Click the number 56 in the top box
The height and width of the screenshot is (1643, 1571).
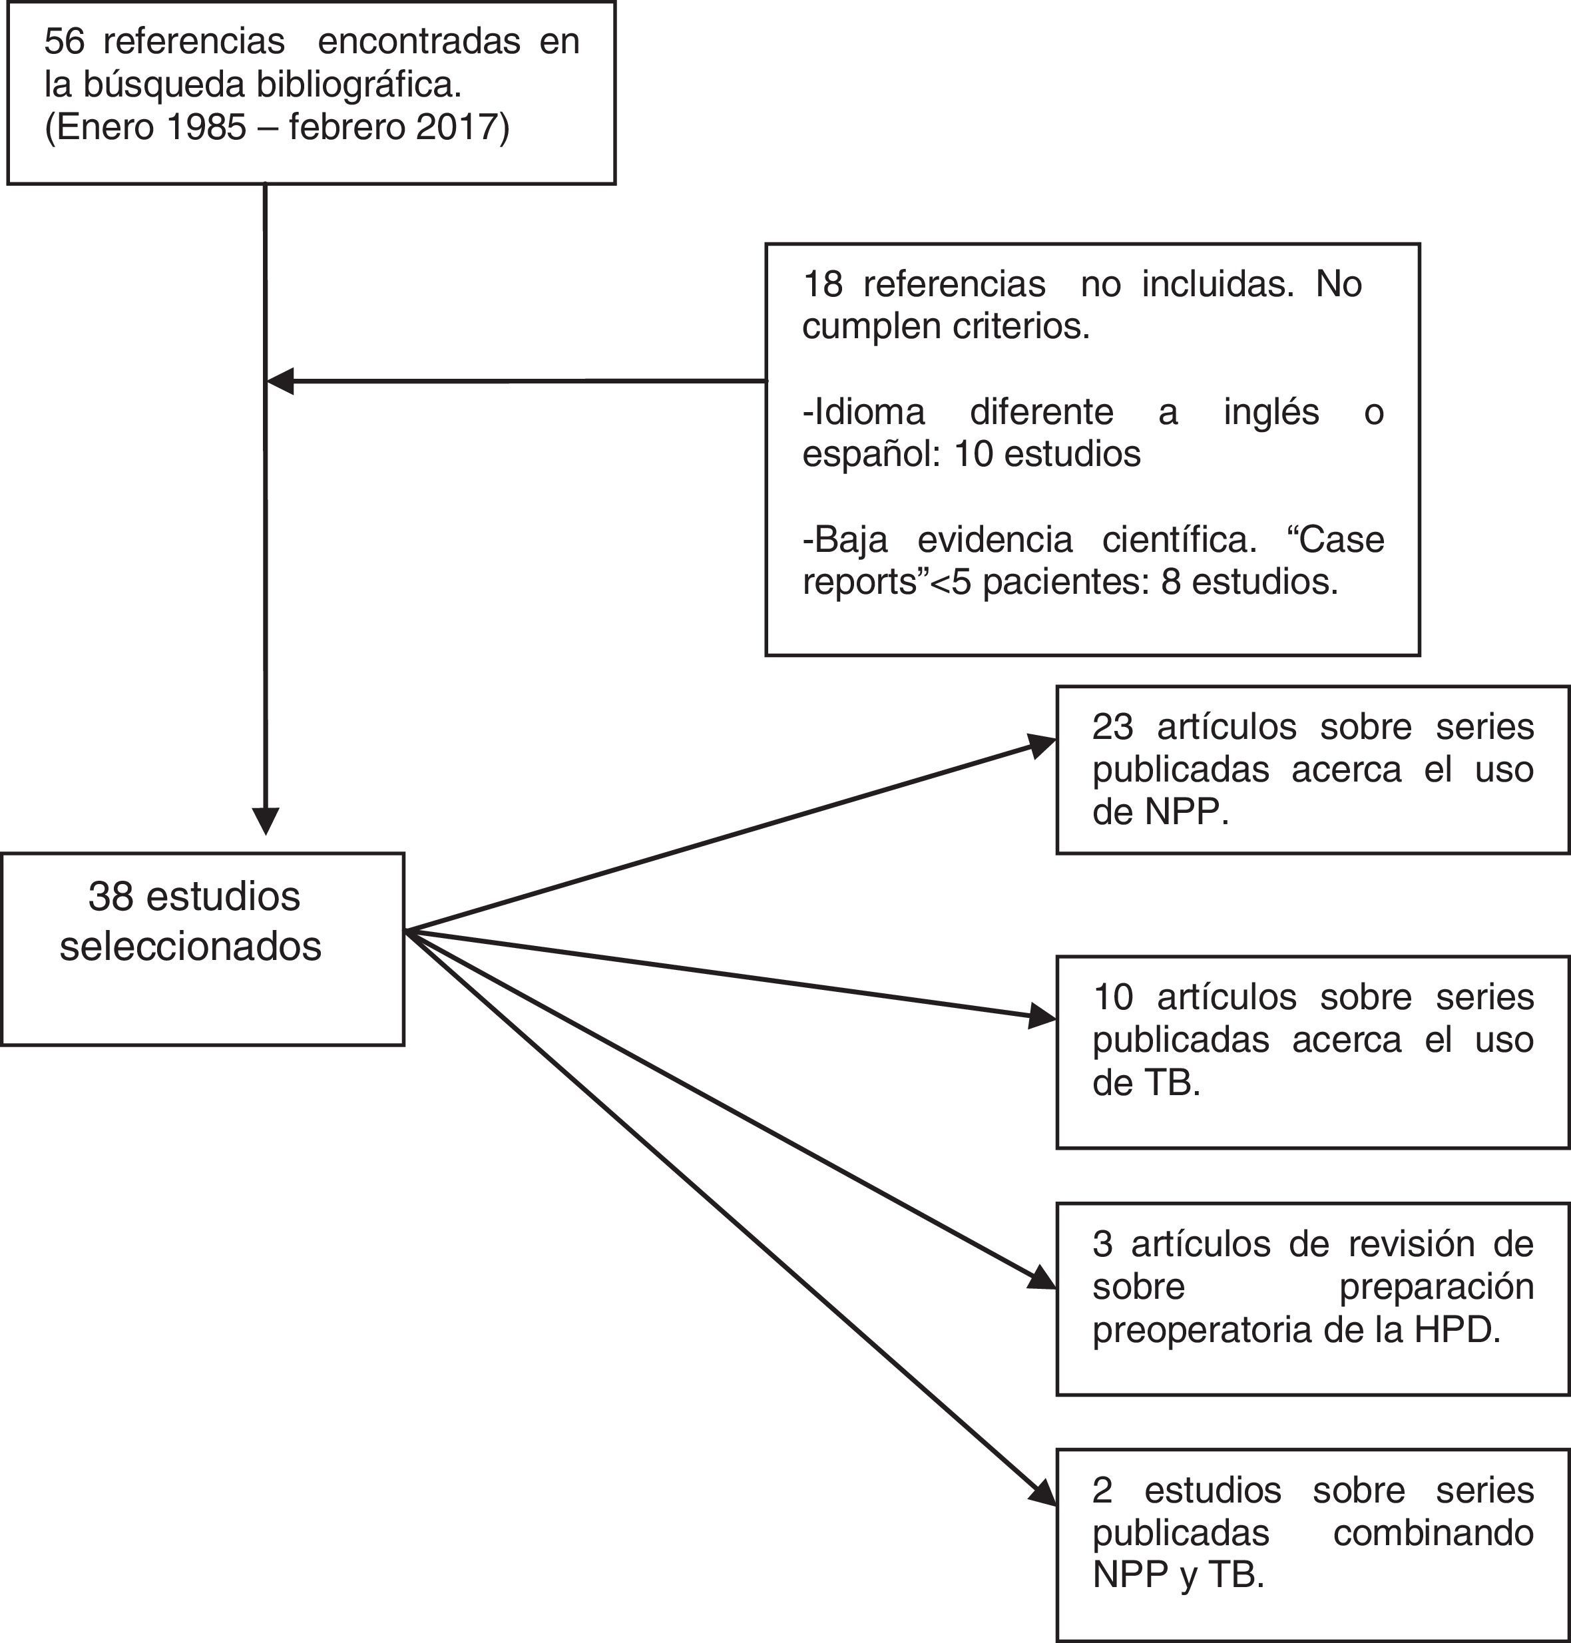click(65, 42)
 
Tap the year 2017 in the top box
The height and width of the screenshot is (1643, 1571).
click(451, 127)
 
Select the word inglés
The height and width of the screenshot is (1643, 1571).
click(1271, 412)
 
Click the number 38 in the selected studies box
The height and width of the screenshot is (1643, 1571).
click(111, 897)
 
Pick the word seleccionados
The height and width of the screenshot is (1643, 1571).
click(191, 946)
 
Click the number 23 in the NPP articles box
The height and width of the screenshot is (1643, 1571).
click(1112, 727)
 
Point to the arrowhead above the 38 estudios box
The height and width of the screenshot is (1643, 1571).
click(266, 821)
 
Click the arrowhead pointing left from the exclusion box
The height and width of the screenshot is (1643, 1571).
click(280, 381)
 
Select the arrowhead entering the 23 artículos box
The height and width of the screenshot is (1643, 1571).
click(1042, 746)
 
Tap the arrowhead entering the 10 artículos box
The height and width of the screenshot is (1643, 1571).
click(1042, 1017)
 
